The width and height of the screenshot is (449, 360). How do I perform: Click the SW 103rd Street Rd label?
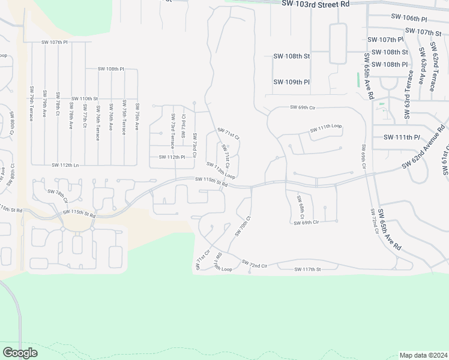point(315,4)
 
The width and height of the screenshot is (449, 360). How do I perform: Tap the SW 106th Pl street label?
point(408,19)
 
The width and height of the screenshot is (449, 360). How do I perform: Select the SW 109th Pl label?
point(291,82)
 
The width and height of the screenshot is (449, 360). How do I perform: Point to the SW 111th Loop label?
point(326,128)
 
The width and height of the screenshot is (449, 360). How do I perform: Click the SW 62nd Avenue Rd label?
point(424,147)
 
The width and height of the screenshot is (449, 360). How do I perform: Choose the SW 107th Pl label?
point(55,43)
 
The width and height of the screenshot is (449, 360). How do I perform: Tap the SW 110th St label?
point(84,98)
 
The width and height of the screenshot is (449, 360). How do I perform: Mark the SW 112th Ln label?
point(65,165)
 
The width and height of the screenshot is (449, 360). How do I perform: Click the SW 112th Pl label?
point(173,157)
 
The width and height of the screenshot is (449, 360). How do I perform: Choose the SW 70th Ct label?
point(241,229)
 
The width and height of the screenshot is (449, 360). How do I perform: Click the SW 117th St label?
point(307,270)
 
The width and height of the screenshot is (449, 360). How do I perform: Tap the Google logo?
point(20,352)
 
